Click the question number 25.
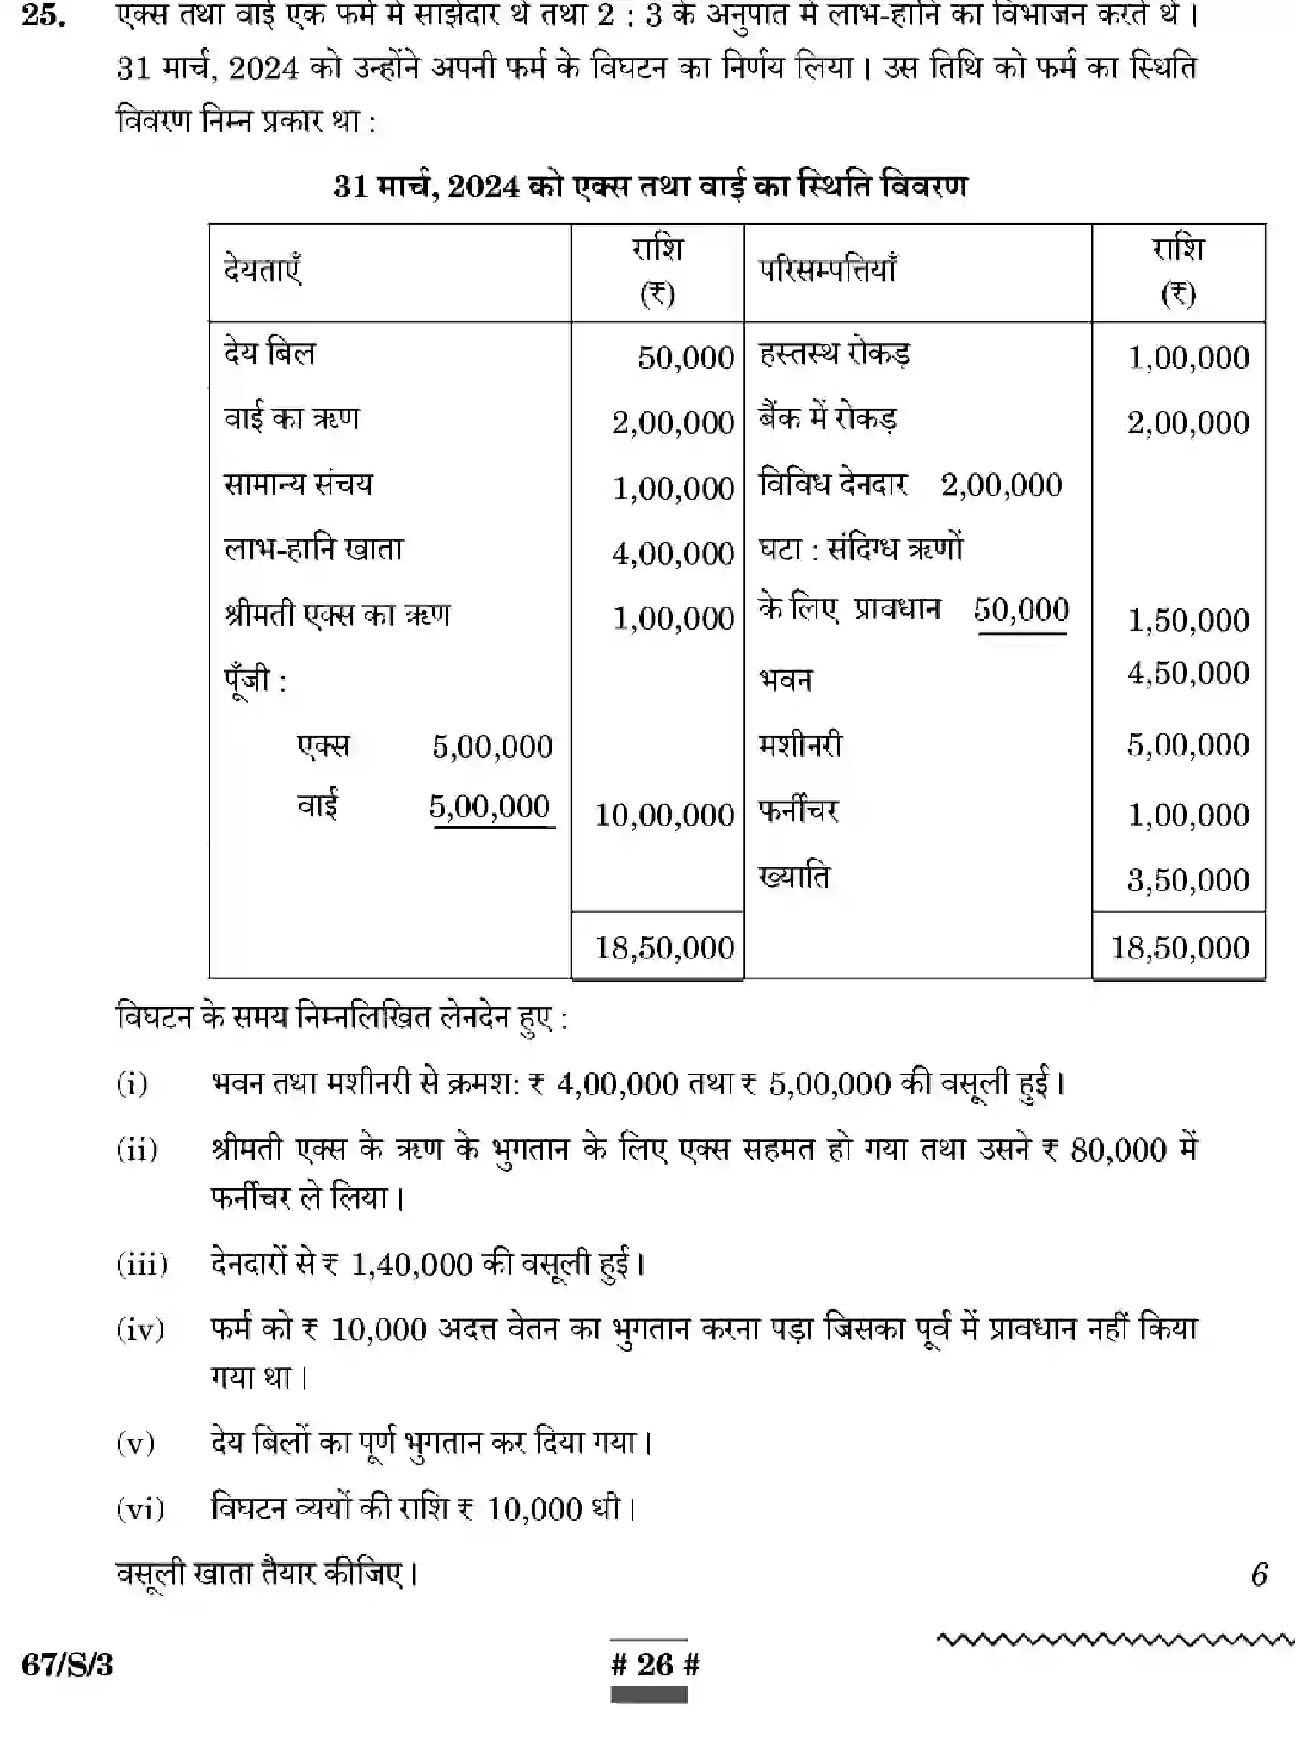coord(43,15)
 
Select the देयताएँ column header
coord(262,270)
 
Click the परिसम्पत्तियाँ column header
coord(827,270)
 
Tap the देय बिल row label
coord(269,353)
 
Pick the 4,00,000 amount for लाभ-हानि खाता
coord(672,553)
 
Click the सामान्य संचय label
coord(298,484)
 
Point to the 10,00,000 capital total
coord(663,815)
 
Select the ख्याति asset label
coord(793,877)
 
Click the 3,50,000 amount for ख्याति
coord(1187,880)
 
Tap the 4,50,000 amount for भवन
coord(1187,673)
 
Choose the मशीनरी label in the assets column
coord(800,744)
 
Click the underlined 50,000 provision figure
coord(1021,610)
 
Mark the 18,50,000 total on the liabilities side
coord(663,948)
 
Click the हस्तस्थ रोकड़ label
coord(834,354)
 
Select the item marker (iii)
coord(142,1264)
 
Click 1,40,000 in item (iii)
coord(411,1265)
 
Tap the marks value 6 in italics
coord(1259,1574)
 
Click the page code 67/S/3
coord(67,1665)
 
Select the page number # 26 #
coord(655,1665)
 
